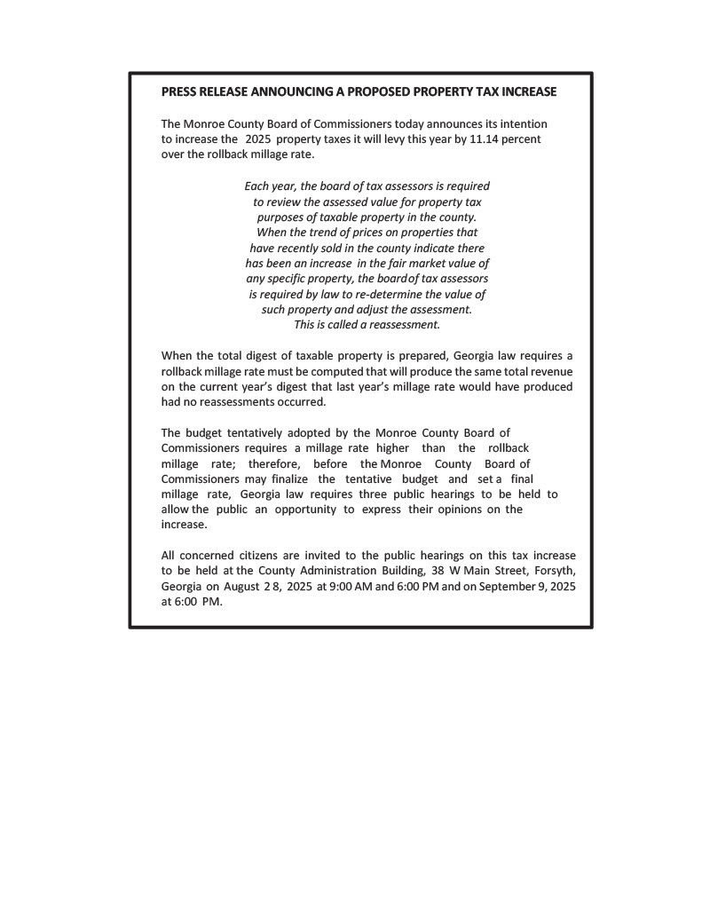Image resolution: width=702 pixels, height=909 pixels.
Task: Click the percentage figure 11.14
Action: point(484,139)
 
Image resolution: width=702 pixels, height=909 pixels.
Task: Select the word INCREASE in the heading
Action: point(527,91)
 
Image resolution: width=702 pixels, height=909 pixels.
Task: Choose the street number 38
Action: point(438,571)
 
